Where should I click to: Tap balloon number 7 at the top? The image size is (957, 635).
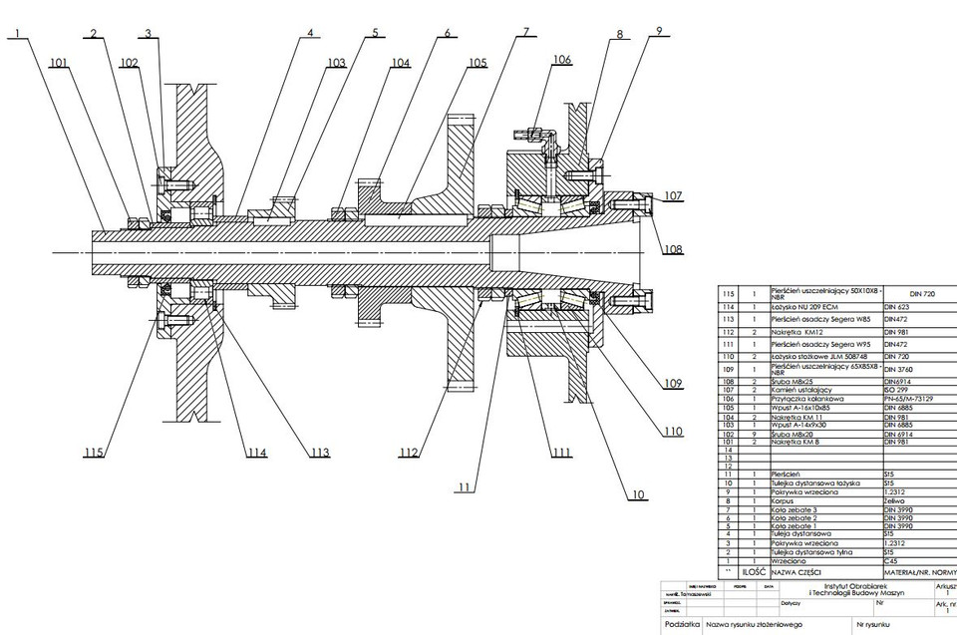pos(525,32)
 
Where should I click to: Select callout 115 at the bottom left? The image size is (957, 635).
pos(94,454)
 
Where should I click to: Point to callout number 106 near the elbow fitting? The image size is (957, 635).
pos(561,60)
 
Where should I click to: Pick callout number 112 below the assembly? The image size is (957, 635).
pos(408,453)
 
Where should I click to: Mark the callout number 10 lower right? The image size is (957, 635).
pos(637,493)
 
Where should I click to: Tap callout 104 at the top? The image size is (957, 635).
pos(400,63)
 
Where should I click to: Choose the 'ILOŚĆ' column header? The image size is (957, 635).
pos(754,573)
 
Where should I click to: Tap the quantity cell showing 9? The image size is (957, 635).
pos(754,433)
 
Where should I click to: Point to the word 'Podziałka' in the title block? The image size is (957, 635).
pos(682,624)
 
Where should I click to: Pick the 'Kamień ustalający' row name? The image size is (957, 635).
pos(799,389)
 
